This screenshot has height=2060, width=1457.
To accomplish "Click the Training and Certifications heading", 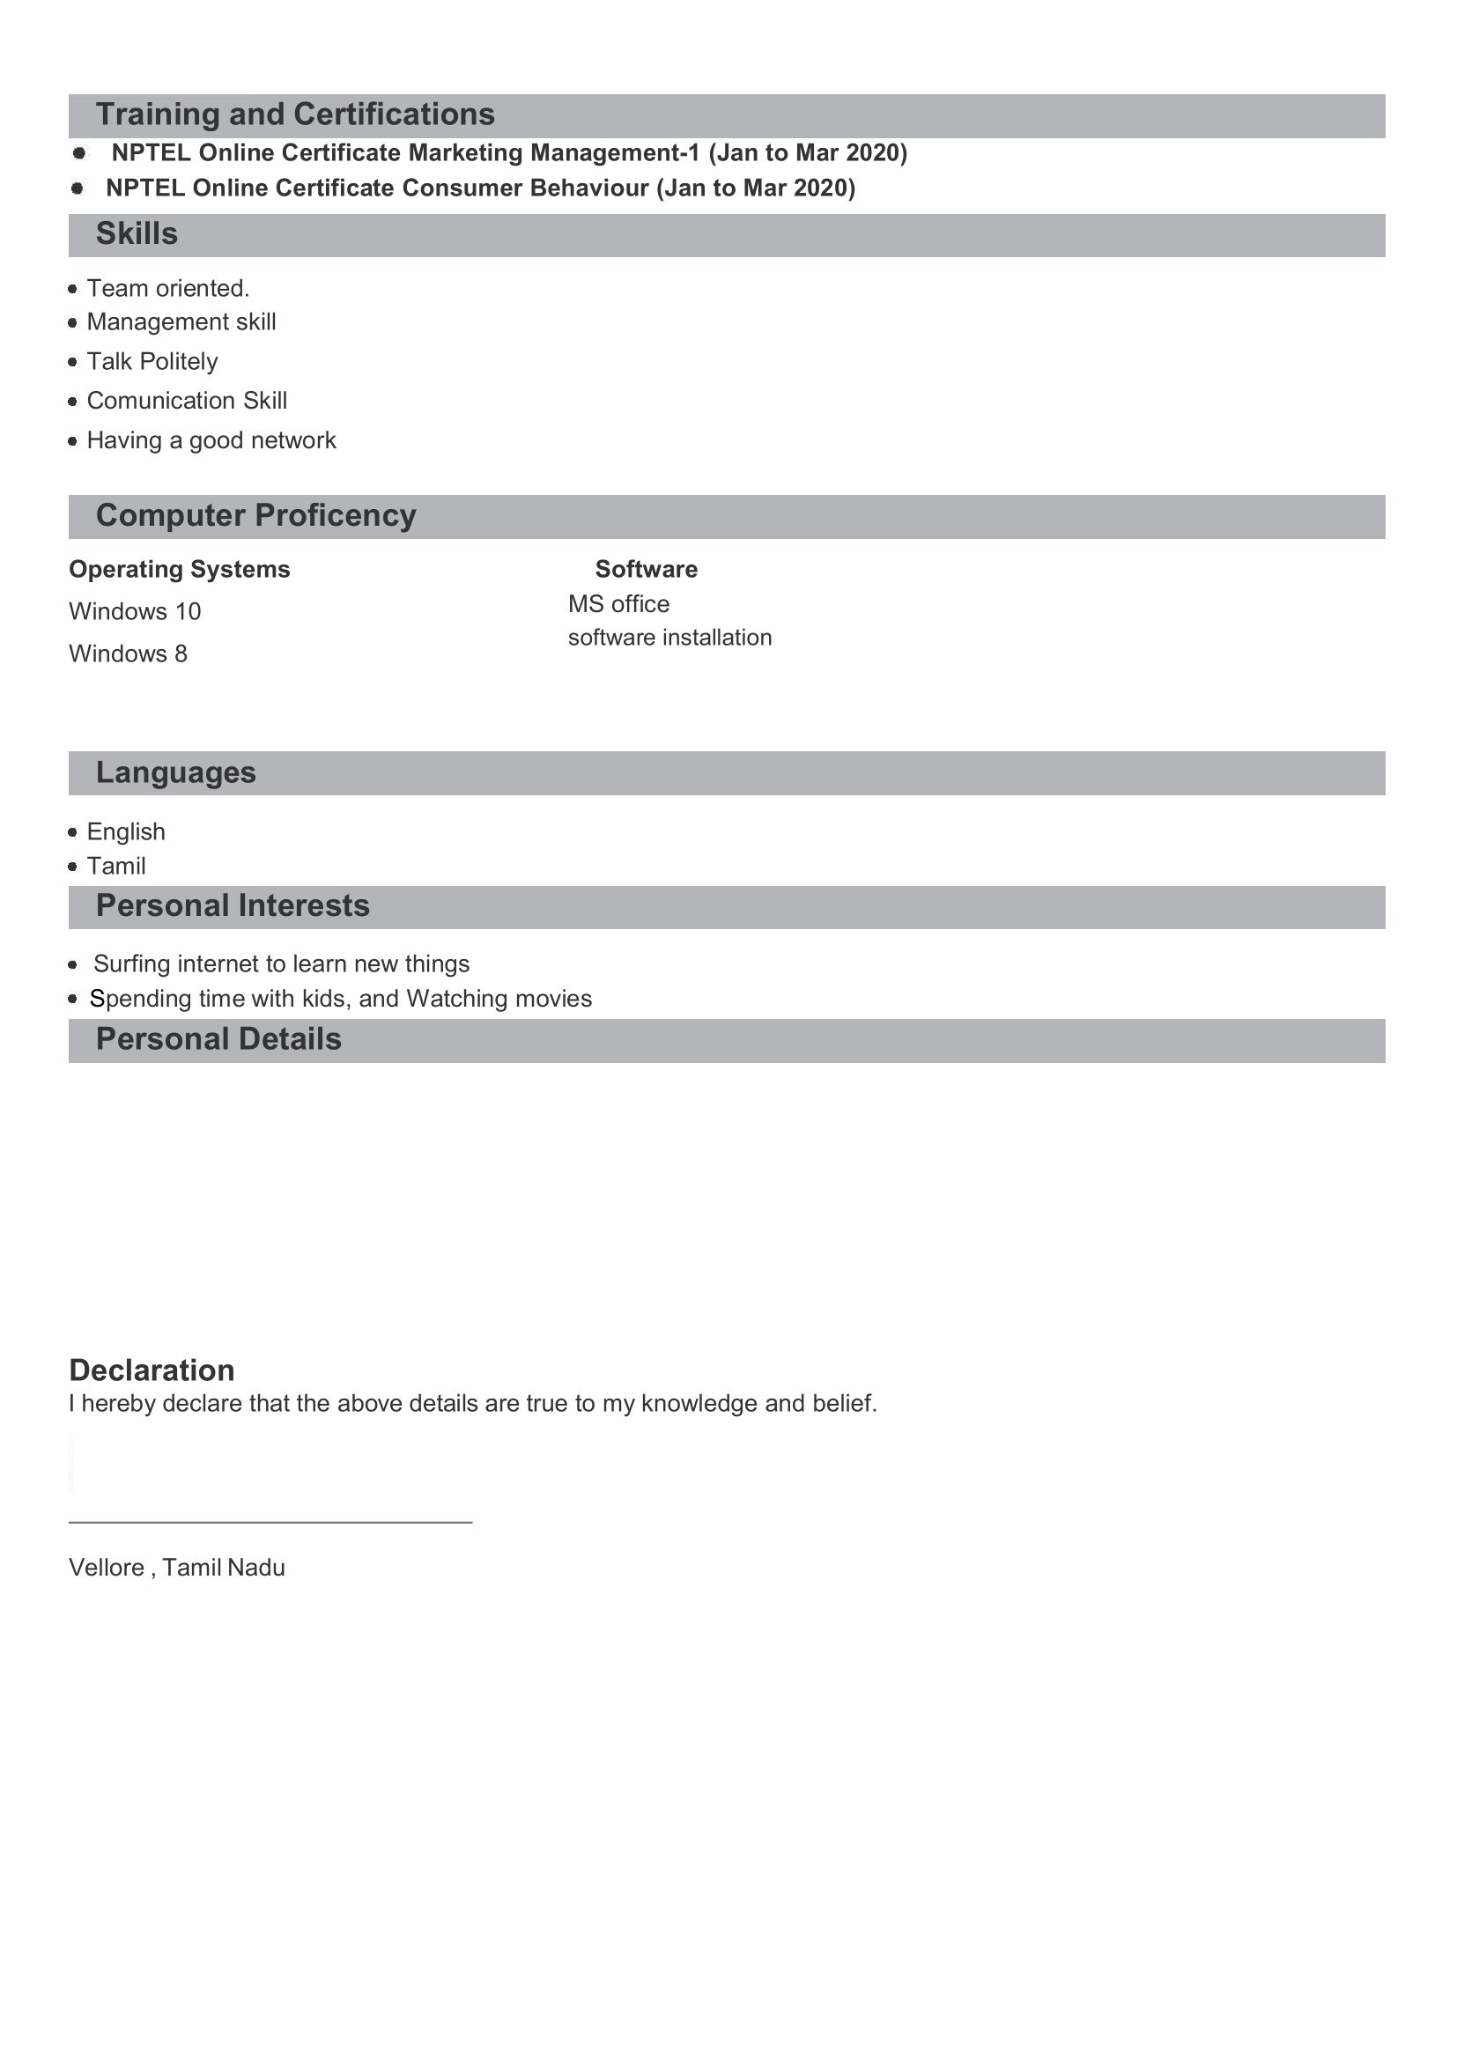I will click(295, 114).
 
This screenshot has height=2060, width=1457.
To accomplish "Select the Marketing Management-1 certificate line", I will click(508, 152).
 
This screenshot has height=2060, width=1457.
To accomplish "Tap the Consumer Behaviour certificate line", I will click(480, 188).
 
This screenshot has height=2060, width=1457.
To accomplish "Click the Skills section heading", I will click(137, 234).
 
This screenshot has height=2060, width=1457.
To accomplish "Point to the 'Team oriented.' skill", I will click(167, 288).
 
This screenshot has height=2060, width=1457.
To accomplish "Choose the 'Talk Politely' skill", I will click(152, 362).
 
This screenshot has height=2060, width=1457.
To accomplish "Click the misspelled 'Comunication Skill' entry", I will click(187, 401).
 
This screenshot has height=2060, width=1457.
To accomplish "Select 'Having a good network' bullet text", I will click(211, 440).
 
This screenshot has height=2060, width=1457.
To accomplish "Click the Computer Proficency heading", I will click(255, 516).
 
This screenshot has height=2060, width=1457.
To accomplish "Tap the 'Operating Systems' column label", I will click(180, 570).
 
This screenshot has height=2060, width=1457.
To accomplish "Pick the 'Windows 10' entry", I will click(135, 612).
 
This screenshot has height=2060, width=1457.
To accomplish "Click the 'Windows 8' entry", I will click(129, 654).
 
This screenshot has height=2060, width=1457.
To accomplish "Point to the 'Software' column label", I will click(646, 570).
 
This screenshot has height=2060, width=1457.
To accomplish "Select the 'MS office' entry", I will click(618, 605).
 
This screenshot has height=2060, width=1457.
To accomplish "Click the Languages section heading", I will click(176, 773).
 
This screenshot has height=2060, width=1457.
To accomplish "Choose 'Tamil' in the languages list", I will click(115, 867).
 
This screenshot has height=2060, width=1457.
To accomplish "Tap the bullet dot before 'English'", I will click(72, 832).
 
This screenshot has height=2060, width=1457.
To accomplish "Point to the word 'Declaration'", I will click(152, 1371).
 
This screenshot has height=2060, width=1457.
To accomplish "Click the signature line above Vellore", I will click(270, 1523).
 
